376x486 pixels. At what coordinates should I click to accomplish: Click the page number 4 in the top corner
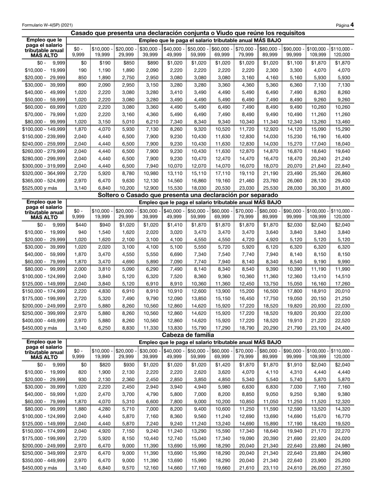(351, 25)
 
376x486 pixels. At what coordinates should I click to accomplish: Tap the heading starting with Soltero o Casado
(188, 195)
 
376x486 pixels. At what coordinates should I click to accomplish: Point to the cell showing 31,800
(342, 189)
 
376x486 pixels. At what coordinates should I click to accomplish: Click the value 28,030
(294, 189)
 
